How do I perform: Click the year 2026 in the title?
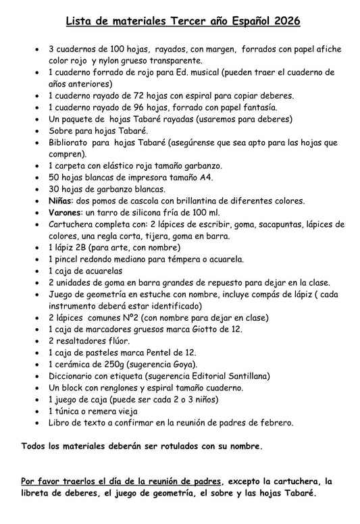click(x=286, y=23)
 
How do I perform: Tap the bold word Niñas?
click(x=62, y=201)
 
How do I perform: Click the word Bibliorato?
click(x=72, y=142)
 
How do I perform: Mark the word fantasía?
click(x=257, y=107)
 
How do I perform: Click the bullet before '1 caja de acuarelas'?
click(x=36, y=271)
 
